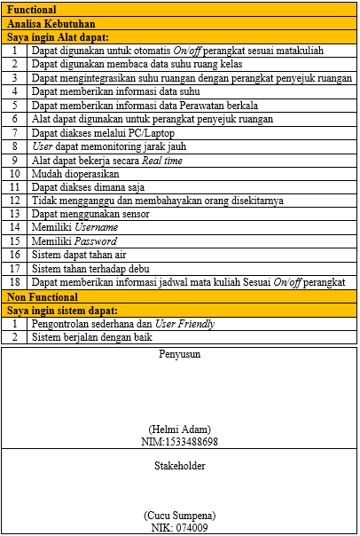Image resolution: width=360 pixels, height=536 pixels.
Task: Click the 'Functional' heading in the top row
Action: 34,10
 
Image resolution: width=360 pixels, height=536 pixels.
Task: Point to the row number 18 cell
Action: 14,282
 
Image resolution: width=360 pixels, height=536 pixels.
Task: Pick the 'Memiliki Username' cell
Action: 74,228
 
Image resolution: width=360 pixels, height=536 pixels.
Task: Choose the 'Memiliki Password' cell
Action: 74,241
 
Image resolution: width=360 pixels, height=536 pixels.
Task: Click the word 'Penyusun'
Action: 179,354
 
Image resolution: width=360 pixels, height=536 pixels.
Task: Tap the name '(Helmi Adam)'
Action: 179,429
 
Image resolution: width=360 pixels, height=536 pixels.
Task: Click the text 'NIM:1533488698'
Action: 179,441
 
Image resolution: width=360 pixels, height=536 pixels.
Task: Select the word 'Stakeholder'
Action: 179,465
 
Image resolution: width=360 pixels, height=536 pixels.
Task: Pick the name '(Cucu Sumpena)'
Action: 179,516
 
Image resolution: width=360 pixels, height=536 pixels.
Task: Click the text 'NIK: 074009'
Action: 179,528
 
